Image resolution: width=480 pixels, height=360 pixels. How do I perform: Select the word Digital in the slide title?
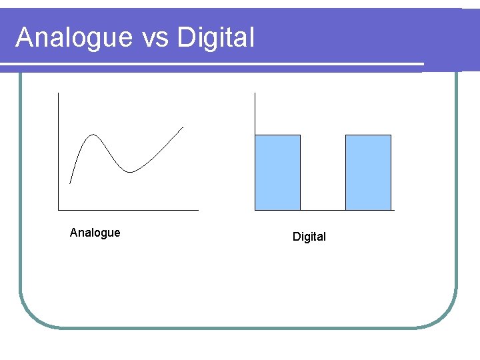216,38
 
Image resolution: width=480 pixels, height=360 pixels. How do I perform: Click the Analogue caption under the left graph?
95,233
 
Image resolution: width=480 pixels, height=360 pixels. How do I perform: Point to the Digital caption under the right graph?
309,237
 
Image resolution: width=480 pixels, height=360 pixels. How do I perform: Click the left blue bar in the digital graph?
278,173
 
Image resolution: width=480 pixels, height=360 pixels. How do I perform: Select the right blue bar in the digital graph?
368,173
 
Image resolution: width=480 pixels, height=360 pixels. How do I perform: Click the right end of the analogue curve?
182,127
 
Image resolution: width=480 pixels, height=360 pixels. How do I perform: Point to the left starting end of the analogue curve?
70,182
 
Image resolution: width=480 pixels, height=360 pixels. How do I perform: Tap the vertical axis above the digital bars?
255,113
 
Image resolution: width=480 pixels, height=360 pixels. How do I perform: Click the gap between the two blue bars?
323,173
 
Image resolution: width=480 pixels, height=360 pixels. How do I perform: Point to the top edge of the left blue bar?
278,135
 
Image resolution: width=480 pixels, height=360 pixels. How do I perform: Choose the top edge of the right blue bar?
368,135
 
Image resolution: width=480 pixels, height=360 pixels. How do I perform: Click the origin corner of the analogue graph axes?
59,210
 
